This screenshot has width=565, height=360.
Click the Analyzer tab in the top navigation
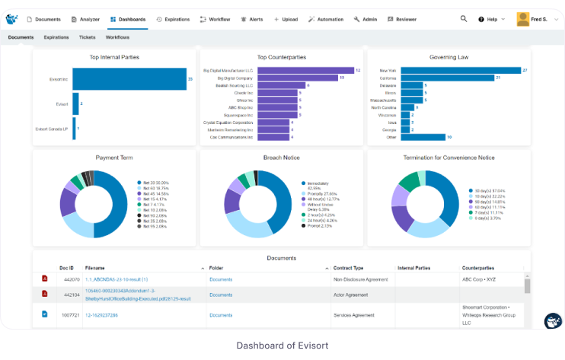(x=85, y=18)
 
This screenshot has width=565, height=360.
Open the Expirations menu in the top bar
(x=173, y=18)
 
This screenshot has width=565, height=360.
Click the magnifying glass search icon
(x=464, y=18)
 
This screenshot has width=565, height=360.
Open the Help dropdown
(x=493, y=18)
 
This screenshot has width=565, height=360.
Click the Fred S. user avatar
(x=523, y=18)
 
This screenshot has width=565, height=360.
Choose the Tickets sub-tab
(x=87, y=37)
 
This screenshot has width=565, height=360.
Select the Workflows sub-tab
(x=117, y=37)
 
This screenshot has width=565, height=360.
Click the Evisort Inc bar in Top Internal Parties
(x=129, y=78)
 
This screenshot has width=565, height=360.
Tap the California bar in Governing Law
(x=447, y=78)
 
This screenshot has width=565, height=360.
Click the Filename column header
(x=96, y=268)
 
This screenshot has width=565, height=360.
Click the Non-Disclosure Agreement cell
(x=362, y=279)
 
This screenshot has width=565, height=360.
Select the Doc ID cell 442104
(x=69, y=295)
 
